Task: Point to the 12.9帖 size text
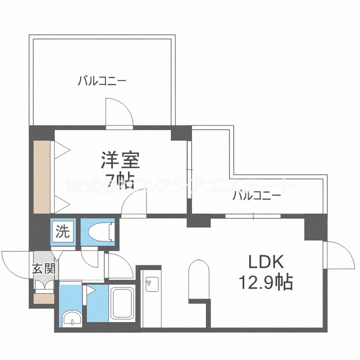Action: click(x=266, y=283)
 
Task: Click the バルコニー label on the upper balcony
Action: click(x=102, y=81)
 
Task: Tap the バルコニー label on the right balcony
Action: click(x=257, y=196)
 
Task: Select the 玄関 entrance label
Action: click(x=44, y=269)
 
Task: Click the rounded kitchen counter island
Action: click(x=199, y=280)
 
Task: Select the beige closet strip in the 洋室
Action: click(x=42, y=177)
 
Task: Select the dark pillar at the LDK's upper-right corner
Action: click(x=315, y=228)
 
